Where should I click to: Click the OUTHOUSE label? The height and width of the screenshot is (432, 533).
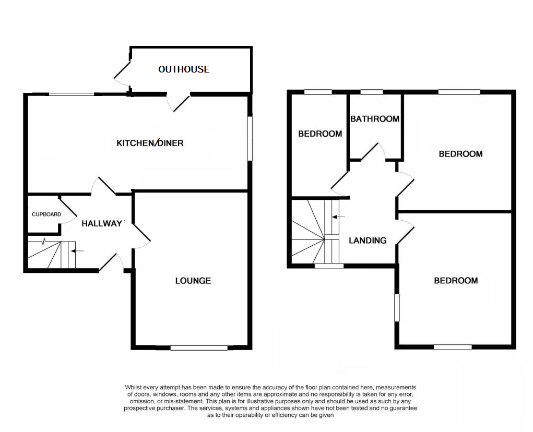[184, 69]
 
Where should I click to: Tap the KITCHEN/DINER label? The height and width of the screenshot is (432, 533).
[150, 143]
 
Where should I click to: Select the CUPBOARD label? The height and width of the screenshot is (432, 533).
[46, 214]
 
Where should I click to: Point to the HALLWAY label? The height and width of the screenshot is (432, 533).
[102, 223]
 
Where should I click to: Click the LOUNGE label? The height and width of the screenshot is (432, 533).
[193, 281]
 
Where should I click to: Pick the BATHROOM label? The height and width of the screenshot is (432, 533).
[375, 119]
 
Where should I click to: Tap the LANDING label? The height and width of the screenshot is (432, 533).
[368, 241]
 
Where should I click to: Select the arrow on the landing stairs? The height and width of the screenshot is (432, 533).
[338, 217]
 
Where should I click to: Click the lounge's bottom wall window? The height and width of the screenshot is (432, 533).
[199, 347]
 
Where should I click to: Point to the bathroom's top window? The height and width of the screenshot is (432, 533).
[372, 92]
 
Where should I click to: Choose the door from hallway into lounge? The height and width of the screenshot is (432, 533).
[142, 236]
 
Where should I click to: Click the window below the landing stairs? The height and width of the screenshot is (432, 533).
[329, 266]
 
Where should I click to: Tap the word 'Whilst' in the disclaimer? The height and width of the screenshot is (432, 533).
[134, 387]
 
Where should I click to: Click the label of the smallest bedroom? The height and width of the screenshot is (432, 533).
[320, 134]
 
